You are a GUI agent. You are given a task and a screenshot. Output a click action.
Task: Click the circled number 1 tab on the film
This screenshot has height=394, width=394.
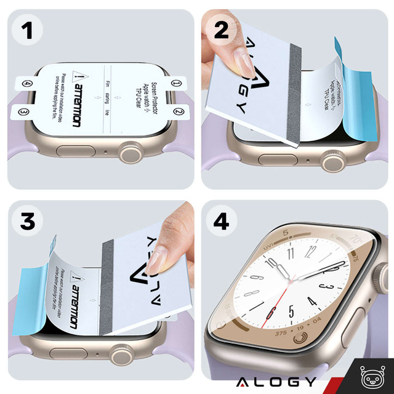tap(177, 82)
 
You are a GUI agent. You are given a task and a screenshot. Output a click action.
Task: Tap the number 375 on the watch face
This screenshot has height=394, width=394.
tap(280, 333)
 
